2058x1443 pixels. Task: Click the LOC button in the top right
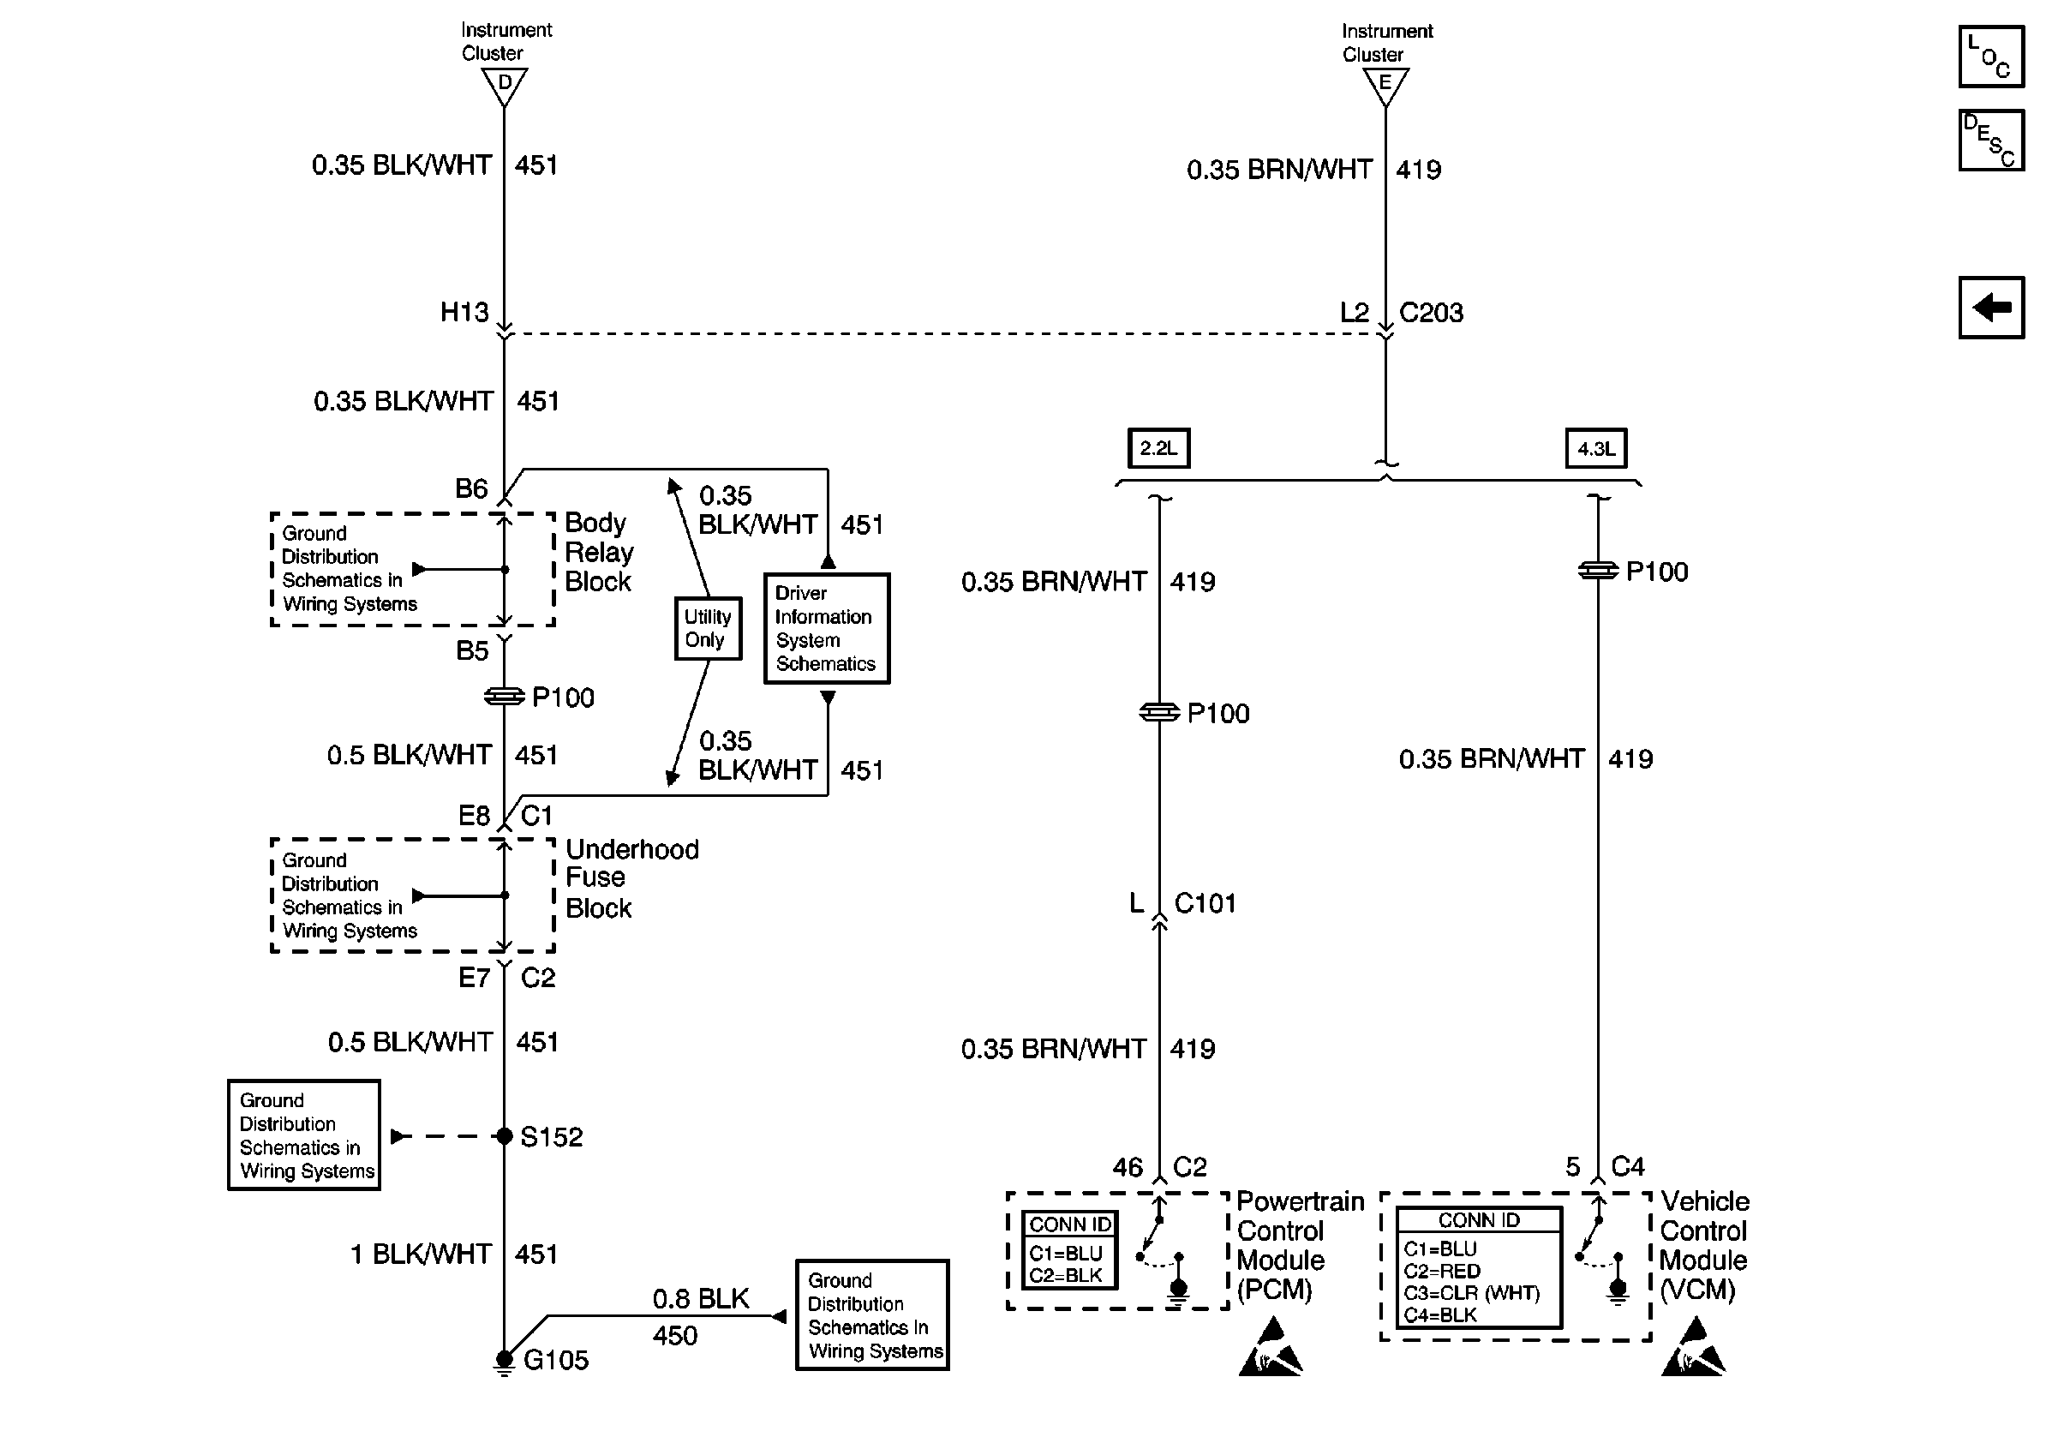click(x=1991, y=57)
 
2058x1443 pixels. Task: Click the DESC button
click(x=1991, y=140)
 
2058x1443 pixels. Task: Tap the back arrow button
click(x=1991, y=308)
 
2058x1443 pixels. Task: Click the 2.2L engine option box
click(x=1158, y=448)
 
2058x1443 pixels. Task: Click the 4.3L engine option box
click(x=1595, y=448)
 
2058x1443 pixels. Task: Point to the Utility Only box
click(x=708, y=628)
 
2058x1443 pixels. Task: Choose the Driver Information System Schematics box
click(x=827, y=628)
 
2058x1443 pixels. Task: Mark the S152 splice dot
click(x=505, y=1136)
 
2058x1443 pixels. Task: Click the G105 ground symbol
click(x=505, y=1362)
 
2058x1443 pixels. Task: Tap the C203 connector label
click(x=1431, y=313)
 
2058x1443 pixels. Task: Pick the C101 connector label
click(x=1205, y=903)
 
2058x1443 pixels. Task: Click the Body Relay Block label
click(x=599, y=552)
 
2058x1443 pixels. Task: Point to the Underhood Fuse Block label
click(x=632, y=878)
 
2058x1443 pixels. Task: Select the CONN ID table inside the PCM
click(x=1069, y=1250)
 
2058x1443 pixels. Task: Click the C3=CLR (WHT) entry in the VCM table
click(x=1471, y=1293)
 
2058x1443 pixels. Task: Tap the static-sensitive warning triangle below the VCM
click(x=1693, y=1346)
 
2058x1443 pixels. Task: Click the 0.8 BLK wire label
click(x=700, y=1299)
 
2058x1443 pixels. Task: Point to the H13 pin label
click(x=464, y=312)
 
